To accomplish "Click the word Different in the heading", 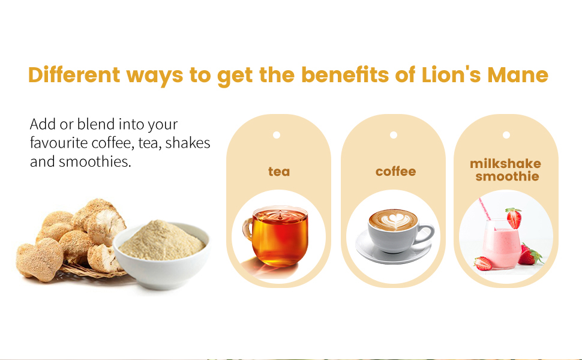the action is click(74, 74).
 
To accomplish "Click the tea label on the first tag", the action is click(279, 172).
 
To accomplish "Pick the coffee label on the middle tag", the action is click(395, 172).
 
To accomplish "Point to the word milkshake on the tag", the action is click(506, 164).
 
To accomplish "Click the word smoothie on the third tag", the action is click(507, 176).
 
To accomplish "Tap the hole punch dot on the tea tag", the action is click(277, 135).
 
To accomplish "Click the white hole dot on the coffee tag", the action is click(394, 135).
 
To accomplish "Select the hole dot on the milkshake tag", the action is click(506, 135).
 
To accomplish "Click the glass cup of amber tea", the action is click(277, 236).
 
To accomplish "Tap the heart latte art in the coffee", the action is click(394, 220).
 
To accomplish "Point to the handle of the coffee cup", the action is click(425, 234).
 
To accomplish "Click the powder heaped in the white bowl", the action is click(161, 240).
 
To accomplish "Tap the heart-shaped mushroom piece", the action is click(40, 259).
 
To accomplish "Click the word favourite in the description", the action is click(59, 143).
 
